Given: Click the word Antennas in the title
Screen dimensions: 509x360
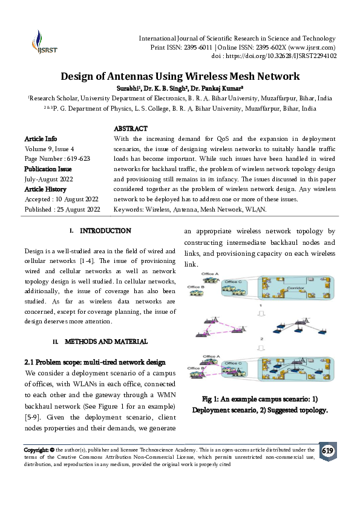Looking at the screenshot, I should (127, 77).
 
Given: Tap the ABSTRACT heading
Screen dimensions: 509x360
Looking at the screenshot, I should (131, 129).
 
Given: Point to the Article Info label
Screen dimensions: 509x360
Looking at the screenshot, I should (41, 138).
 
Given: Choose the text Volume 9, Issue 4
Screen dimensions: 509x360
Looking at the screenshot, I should (49, 148).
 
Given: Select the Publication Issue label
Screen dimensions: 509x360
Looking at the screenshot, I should (48, 169).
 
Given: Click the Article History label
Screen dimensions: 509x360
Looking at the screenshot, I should (45, 189).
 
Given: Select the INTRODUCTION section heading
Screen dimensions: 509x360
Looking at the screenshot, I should (105, 231).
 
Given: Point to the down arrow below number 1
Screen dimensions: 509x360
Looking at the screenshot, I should (260, 313).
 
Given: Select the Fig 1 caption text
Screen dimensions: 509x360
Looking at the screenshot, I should (260, 404).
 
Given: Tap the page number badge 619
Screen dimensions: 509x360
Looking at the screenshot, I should (327, 452).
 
